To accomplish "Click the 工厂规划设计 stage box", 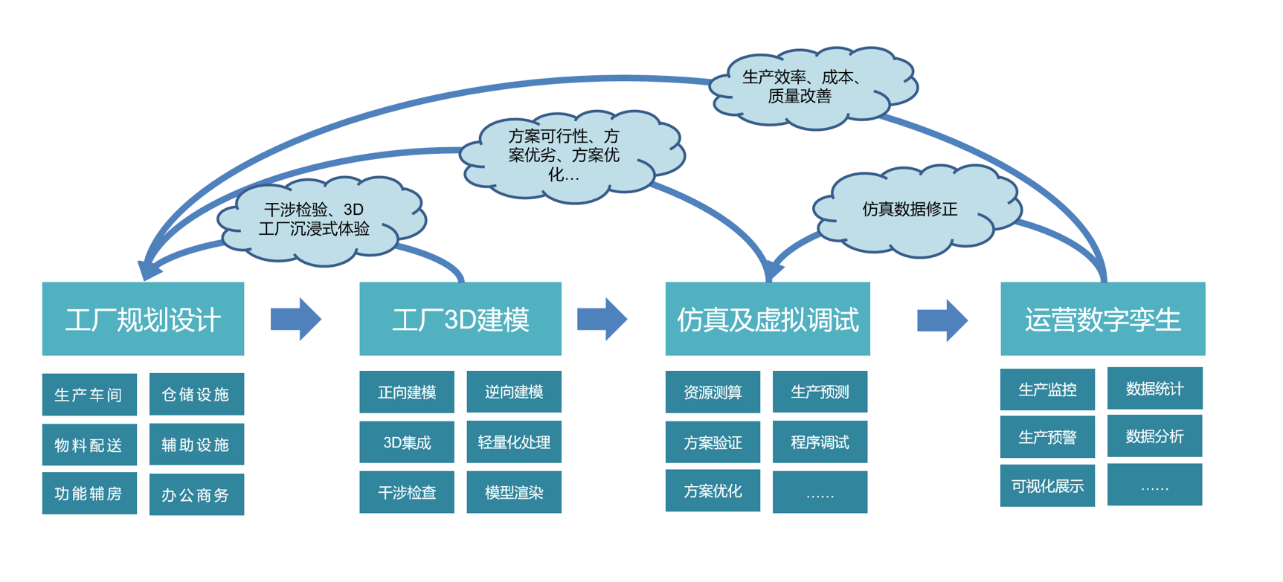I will coord(143,319).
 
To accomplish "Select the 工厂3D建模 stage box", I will coord(460,319).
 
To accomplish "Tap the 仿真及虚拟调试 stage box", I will coord(767,319).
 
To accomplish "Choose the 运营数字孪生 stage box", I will coord(1102,319).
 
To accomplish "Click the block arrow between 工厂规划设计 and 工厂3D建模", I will coord(295,319).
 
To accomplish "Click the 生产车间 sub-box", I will coord(89,395).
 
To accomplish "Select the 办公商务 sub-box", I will coord(196,494).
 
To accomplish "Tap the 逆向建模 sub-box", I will coord(514,392).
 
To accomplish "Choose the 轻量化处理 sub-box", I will coord(514,442).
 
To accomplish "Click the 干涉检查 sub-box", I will coord(407,492).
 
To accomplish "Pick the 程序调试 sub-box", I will coord(820,442).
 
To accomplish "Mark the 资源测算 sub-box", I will coord(713,392).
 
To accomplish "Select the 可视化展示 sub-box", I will coord(1047,486).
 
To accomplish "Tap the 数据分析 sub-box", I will coord(1154,436).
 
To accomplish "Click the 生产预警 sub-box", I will coord(1047,437).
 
